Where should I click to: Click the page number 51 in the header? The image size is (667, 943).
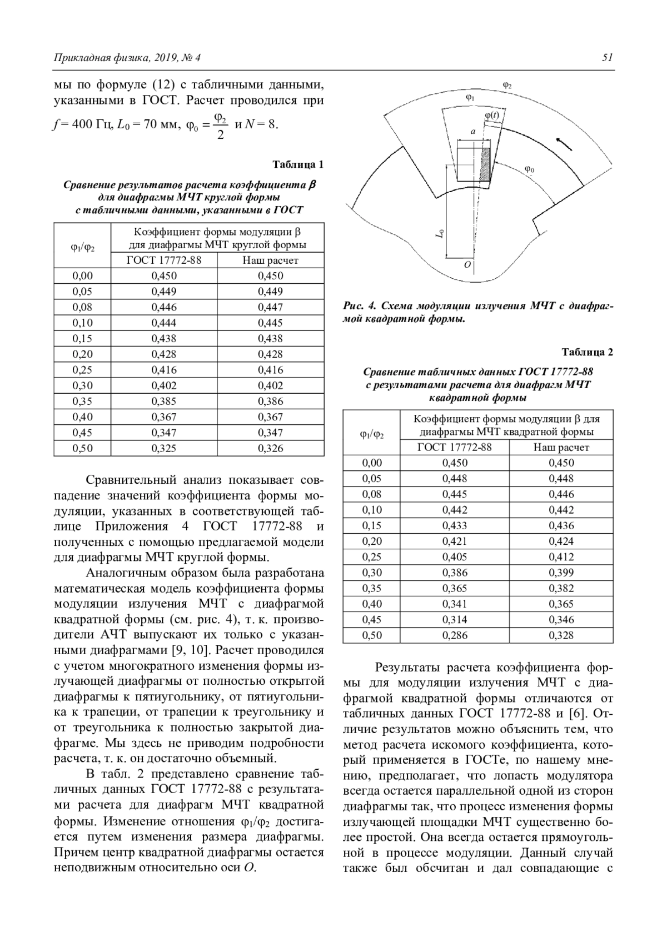pyautogui.click(x=608, y=57)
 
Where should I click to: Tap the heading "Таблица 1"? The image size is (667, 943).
pyautogui.click(x=298, y=164)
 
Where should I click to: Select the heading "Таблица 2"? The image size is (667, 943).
pyautogui.click(x=588, y=352)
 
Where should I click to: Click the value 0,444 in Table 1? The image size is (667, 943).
pyautogui.click(x=164, y=323)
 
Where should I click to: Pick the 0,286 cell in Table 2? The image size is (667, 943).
pyautogui.click(x=455, y=635)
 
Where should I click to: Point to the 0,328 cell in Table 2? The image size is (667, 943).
pyautogui.click(x=561, y=635)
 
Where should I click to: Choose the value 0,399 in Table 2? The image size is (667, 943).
pyautogui.click(x=561, y=573)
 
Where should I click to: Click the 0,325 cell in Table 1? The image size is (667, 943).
pyautogui.click(x=164, y=448)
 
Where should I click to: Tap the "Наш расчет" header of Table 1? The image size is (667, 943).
pyautogui.click(x=271, y=260)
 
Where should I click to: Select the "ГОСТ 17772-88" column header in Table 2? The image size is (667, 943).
pyautogui.click(x=455, y=447)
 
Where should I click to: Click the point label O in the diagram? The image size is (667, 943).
pyautogui.click(x=467, y=265)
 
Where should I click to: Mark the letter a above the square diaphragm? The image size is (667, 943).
pyautogui.click(x=473, y=132)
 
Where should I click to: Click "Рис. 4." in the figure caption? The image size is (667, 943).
pyautogui.click(x=361, y=306)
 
